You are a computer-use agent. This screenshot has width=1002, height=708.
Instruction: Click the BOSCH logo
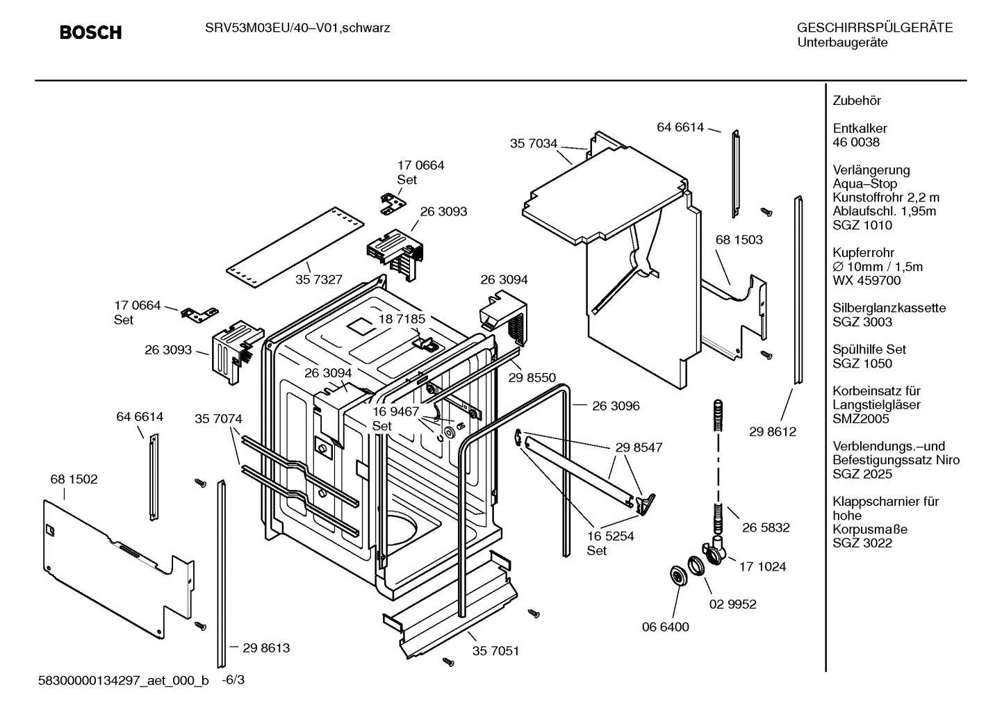click(x=90, y=33)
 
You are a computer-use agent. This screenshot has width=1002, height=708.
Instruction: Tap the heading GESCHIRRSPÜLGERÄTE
click(x=874, y=28)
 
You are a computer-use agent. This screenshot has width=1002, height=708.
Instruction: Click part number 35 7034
click(x=533, y=144)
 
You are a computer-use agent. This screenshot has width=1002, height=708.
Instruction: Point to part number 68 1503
click(x=739, y=240)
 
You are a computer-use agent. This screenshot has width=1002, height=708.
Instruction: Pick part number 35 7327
click(x=318, y=279)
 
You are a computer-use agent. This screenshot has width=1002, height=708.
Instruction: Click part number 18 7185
click(x=401, y=319)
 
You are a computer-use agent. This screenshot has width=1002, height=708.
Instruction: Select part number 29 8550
click(x=532, y=377)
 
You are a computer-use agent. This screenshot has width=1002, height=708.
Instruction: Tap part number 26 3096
click(x=616, y=406)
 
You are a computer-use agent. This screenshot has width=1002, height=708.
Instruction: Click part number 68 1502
click(x=74, y=479)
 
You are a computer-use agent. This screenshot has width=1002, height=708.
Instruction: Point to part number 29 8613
click(x=266, y=648)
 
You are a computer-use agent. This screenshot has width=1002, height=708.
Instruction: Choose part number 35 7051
click(x=495, y=651)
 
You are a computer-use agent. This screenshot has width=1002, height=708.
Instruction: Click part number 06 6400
click(x=665, y=627)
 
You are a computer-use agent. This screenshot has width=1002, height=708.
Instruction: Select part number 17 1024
click(x=762, y=566)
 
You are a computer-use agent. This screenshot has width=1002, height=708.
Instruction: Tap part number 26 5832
click(x=766, y=527)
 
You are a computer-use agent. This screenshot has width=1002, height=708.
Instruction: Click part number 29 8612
click(x=772, y=431)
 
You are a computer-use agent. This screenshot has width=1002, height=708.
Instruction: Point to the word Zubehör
click(x=857, y=101)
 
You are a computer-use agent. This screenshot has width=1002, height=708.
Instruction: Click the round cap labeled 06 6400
click(x=675, y=576)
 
